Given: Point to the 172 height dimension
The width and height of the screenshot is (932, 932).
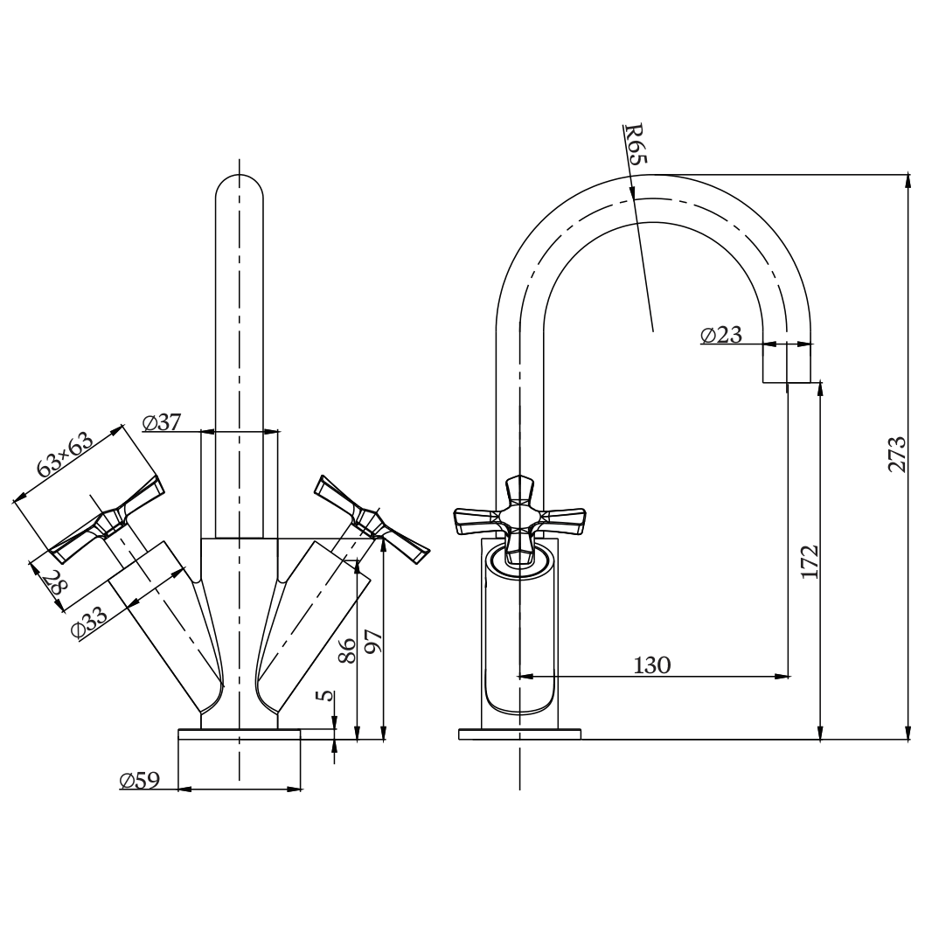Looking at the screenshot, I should pos(809,562).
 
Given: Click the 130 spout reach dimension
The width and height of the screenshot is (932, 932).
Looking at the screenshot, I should pos(652,664).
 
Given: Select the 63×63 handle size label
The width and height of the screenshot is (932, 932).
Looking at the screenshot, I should pos(65,456).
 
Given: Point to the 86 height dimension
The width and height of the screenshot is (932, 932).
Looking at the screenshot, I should pos(346,649).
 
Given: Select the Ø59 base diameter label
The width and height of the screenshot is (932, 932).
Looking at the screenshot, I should pos(140,781).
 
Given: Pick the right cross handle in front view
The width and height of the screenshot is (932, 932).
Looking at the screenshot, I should pos(372,519).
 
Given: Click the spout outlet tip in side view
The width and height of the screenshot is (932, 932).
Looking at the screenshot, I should pos(787,372).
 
